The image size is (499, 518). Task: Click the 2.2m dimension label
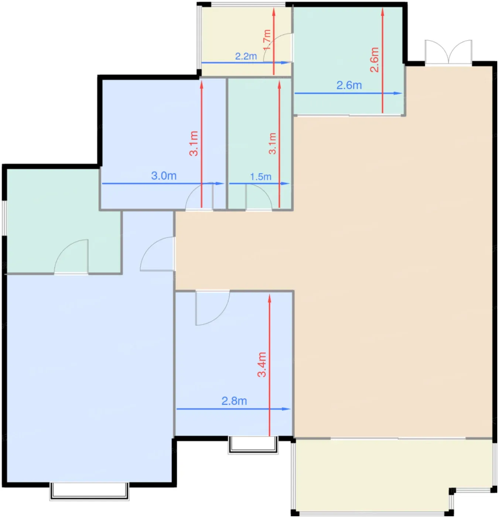pos(246,56)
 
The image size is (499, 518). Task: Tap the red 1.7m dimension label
pos(267,40)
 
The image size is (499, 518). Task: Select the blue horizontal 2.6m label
pos(349,85)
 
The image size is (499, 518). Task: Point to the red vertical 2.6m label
pos(374,60)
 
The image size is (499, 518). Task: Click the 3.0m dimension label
pos(164,176)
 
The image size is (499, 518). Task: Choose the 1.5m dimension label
pos(260,176)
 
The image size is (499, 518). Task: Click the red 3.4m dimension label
pos(262,364)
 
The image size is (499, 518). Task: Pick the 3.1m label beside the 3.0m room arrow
pos(194,143)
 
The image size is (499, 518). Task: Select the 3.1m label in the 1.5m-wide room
pos(272,144)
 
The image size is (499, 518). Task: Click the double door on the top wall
pos(448,52)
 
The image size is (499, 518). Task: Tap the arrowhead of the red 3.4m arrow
pos(269,298)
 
